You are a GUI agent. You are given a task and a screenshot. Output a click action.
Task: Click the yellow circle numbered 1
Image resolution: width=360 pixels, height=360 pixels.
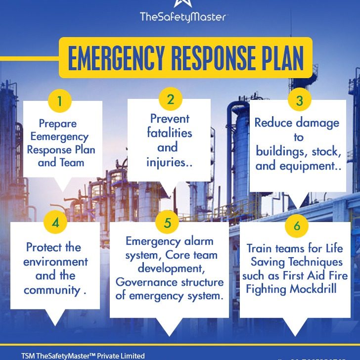pyautogui.click(x=59, y=101)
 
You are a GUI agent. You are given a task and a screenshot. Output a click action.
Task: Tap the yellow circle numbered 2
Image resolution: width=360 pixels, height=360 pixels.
pyautogui.click(x=171, y=99)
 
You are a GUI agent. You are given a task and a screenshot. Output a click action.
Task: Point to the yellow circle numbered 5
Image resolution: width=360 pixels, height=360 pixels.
pyautogui.click(x=168, y=223)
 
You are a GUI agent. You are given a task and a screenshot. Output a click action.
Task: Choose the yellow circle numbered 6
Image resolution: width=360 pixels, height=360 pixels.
pyautogui.click(x=297, y=226)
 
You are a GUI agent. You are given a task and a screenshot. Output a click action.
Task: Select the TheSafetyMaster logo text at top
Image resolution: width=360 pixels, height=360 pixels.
pyautogui.click(x=183, y=17)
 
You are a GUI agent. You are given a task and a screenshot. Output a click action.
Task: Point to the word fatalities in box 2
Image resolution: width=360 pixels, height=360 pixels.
pyautogui.click(x=169, y=133)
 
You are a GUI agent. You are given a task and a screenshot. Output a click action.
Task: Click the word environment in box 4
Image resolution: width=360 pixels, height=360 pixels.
pyautogui.click(x=55, y=262)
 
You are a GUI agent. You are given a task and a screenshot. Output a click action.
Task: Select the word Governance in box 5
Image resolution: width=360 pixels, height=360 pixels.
pyautogui.click(x=145, y=282)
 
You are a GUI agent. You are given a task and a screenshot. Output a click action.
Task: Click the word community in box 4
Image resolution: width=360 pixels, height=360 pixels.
pyautogui.click(x=52, y=290)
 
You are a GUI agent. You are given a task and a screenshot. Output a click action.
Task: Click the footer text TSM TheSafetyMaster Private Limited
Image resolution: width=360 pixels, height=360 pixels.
pyautogui.click(x=83, y=356)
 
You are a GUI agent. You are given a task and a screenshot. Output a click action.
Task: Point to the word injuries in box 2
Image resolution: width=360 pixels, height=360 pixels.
pyautogui.click(x=166, y=162)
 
